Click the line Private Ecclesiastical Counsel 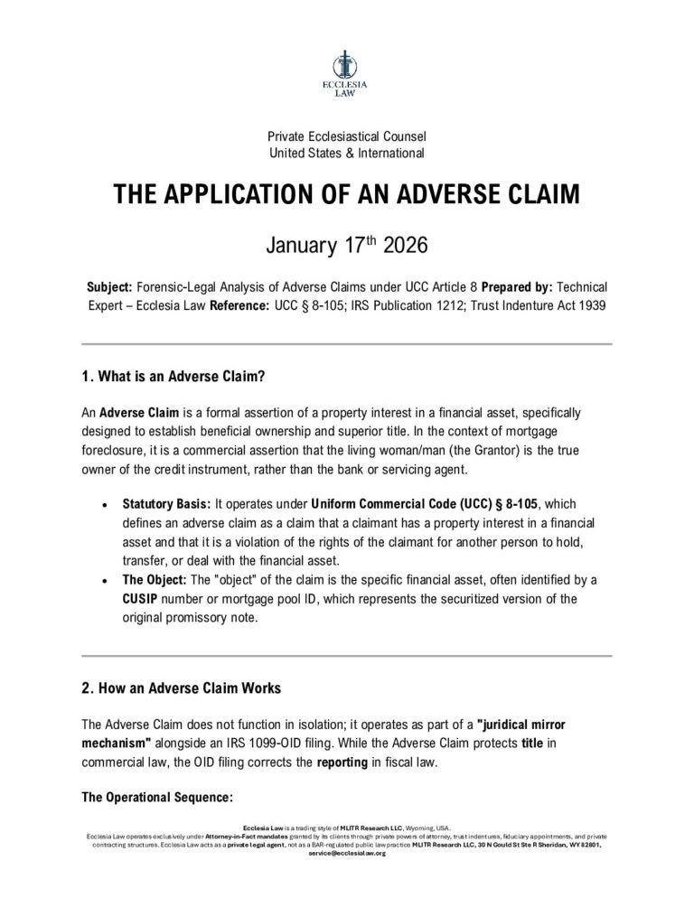click(x=347, y=136)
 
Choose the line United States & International click(x=347, y=153)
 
